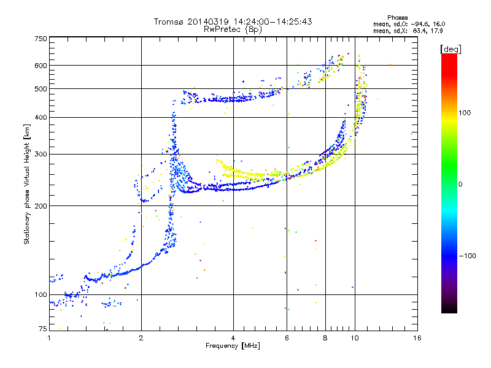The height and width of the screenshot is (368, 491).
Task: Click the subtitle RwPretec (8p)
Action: click(233, 29)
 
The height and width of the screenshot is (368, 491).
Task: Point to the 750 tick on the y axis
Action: click(41, 39)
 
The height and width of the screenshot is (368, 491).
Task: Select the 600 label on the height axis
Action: click(41, 66)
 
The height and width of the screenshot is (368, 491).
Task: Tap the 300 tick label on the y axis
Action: click(41, 155)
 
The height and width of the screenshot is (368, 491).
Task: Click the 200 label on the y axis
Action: click(41, 206)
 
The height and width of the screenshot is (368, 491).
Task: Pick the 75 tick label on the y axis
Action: click(43, 329)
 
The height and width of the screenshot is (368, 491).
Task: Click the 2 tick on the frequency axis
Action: click(141, 338)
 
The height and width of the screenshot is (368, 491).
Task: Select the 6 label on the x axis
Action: click(287, 338)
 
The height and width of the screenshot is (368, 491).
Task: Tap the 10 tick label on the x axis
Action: click(355, 338)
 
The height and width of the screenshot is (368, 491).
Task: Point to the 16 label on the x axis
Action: click(417, 338)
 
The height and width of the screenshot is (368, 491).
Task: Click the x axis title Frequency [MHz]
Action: click(233, 346)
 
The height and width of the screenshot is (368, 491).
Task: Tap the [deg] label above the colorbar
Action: click(450, 49)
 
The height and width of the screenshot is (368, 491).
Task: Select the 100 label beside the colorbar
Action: click(465, 113)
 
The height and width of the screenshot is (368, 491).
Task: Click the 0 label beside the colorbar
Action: click(460, 185)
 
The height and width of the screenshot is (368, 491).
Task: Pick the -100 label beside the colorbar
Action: click(467, 256)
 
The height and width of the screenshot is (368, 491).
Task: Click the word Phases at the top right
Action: click(397, 18)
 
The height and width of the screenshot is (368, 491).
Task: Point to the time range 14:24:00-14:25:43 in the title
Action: click(273, 21)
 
